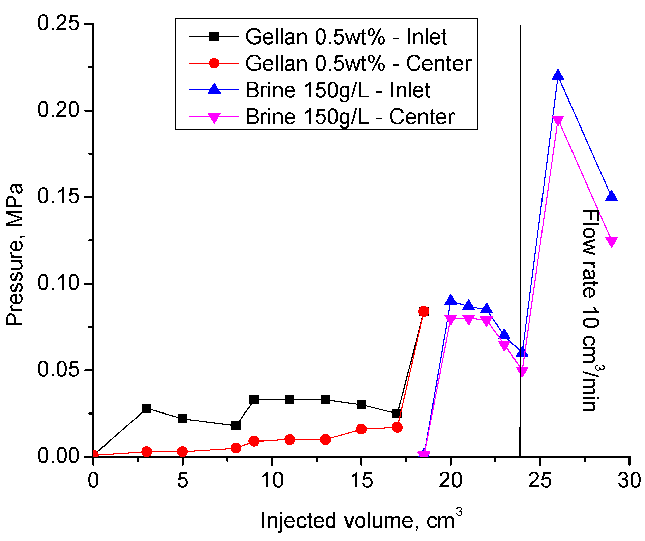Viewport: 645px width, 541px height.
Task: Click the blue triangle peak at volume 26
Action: click(x=558, y=75)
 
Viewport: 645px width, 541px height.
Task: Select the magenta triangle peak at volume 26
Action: click(x=558, y=120)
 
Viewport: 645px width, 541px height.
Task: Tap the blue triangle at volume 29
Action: click(x=611, y=196)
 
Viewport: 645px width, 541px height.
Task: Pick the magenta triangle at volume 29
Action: click(x=611, y=241)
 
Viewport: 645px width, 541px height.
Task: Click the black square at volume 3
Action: click(x=147, y=408)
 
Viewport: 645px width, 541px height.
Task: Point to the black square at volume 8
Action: click(x=236, y=426)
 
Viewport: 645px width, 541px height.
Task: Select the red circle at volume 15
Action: click(x=361, y=429)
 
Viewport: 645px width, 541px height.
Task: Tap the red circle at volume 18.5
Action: click(x=424, y=311)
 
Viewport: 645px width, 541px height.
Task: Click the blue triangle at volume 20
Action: click(x=450, y=300)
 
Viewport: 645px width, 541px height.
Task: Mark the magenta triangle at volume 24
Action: click(x=522, y=371)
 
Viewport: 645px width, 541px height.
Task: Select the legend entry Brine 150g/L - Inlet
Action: click(x=338, y=90)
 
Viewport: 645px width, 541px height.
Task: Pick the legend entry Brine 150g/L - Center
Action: click(x=350, y=117)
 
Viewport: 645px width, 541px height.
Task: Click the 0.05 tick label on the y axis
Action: click(x=58, y=370)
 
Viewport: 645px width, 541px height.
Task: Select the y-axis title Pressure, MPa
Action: click(x=15, y=255)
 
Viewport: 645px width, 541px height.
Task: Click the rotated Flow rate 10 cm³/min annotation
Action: click(x=591, y=310)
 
